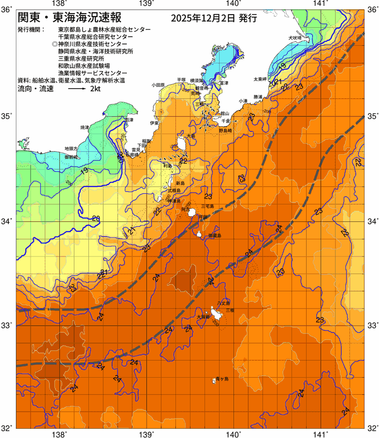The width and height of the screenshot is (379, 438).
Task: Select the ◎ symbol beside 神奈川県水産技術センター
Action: click(54, 44)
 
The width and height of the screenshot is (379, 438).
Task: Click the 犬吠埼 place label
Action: click(295, 37)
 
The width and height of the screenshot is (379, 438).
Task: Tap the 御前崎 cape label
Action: click(71, 157)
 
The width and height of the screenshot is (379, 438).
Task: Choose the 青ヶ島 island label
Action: click(223, 378)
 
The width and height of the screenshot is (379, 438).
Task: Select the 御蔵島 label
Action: click(214, 236)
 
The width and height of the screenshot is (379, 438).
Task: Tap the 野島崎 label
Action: click(226, 131)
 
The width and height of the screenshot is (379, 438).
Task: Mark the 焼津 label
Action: click(85, 128)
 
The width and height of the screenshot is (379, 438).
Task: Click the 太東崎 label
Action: click(260, 79)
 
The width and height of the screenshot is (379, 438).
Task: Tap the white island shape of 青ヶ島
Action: click(213, 380)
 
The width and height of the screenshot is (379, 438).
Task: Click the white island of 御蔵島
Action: click(199, 234)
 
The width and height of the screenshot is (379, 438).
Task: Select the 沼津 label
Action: click(129, 119)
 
